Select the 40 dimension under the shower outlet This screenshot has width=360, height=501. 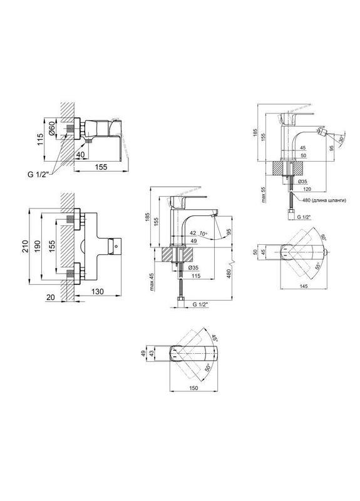pos(81,154)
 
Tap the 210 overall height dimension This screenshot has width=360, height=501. pos(25,246)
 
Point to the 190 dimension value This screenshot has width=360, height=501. pos(38,246)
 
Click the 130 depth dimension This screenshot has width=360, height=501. pos(98,291)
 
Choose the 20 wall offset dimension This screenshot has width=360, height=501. pos(51,297)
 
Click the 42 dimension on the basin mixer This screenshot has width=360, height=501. pos(193,233)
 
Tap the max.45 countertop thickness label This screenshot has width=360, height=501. pos(152,282)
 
